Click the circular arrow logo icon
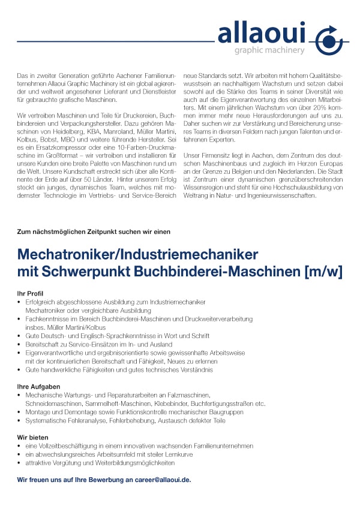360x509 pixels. [x=328, y=41]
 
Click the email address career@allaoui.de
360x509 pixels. [x=160, y=480]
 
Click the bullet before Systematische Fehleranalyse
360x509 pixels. [x=20, y=421]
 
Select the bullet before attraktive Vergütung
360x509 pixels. [x=20, y=463]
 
